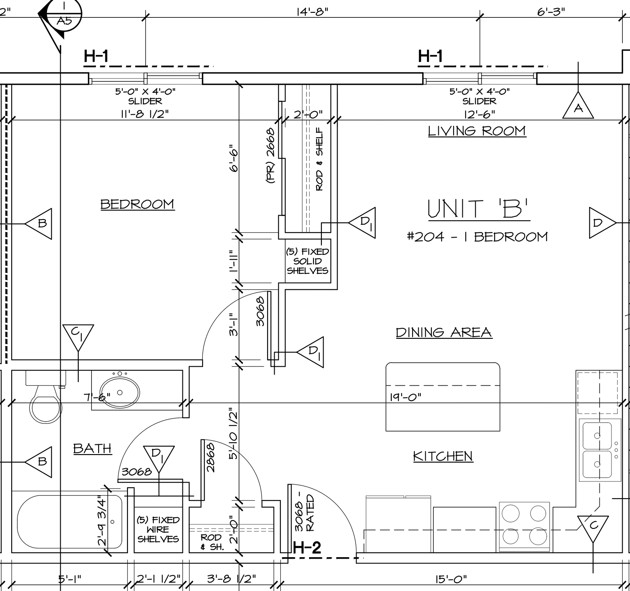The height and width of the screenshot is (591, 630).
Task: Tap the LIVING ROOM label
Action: (x=477, y=131)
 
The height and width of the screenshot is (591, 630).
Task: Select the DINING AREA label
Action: (x=444, y=332)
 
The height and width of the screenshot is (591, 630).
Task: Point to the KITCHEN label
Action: (x=443, y=456)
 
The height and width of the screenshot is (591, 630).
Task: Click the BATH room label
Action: (x=93, y=448)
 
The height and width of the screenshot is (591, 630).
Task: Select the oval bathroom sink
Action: (x=119, y=392)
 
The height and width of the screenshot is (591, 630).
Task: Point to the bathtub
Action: (x=70, y=522)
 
